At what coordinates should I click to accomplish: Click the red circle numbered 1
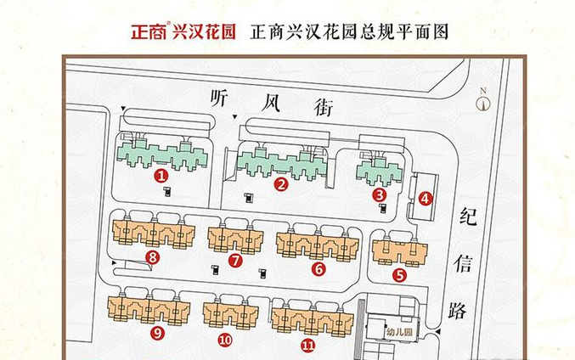(161, 176)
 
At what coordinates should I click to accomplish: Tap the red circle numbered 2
(281, 182)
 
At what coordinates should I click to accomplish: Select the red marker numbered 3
(379, 194)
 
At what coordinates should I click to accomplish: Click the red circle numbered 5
(399, 273)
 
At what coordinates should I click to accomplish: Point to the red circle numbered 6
(319, 269)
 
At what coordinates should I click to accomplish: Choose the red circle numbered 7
(235, 261)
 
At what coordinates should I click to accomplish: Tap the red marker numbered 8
(152, 256)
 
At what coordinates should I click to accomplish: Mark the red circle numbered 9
(156, 334)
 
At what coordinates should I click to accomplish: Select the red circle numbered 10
(225, 340)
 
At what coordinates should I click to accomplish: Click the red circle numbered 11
(307, 345)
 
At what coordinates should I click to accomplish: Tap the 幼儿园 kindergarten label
(397, 332)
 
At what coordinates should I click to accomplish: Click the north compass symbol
(483, 102)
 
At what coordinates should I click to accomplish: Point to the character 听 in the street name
(222, 98)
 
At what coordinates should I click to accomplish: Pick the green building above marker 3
(379, 168)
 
